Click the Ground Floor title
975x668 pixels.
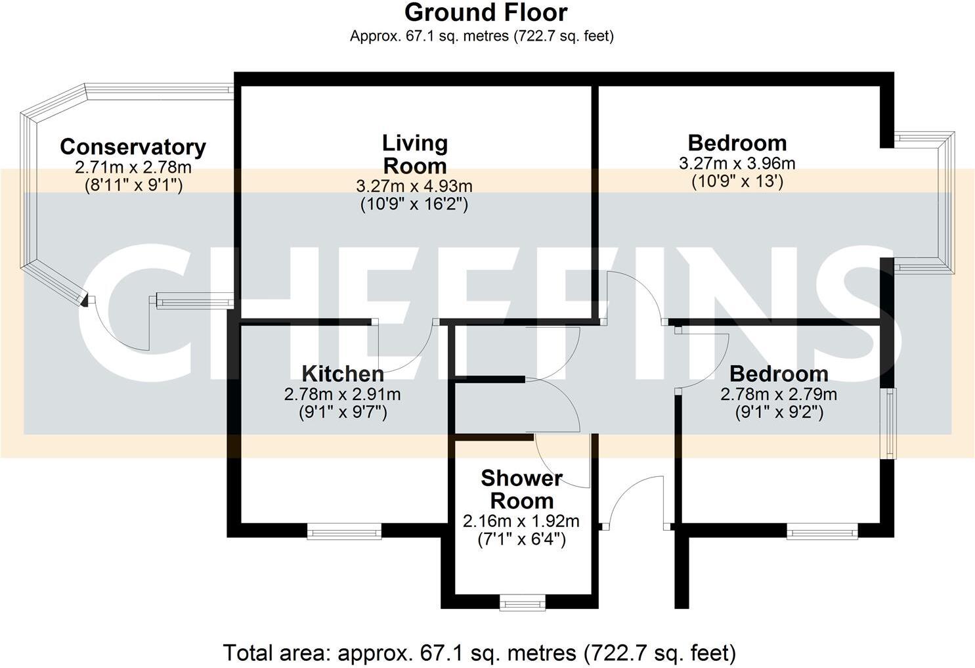point(486,12)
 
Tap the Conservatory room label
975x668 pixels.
point(133,146)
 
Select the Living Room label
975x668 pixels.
point(416,154)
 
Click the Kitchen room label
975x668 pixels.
point(343,374)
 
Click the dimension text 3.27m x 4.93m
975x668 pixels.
point(414,187)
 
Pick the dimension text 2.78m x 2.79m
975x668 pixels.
point(779,394)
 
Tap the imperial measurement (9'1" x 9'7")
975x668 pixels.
point(342,412)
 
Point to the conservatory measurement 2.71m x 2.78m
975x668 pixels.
point(133,167)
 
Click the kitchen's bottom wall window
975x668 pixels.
point(344,531)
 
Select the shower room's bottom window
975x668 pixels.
point(522,602)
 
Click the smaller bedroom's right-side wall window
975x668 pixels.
point(889,424)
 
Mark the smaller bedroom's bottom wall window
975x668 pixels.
point(822,531)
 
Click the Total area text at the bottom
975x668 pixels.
point(479,653)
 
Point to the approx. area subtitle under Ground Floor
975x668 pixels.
point(482,36)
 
